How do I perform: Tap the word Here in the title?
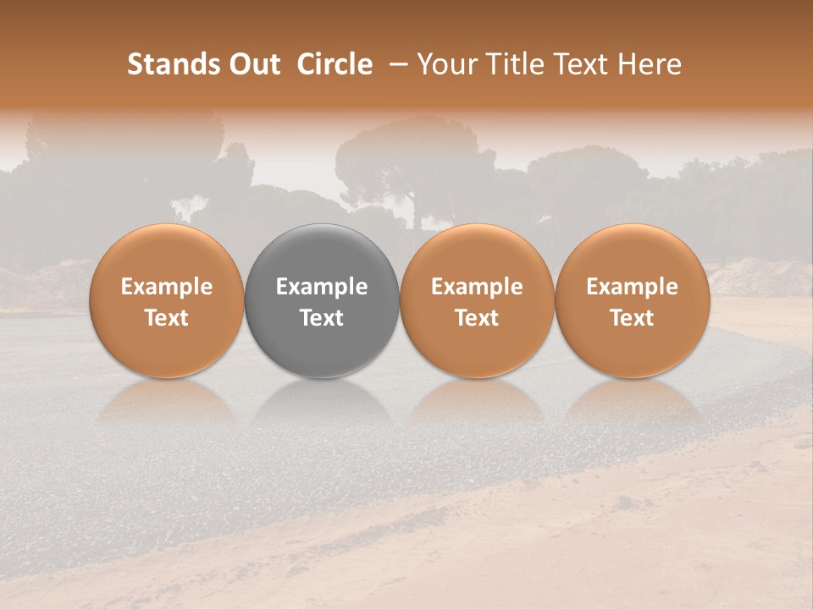[x=650, y=64]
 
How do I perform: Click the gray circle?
[x=322, y=300]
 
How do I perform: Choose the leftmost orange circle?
[x=166, y=300]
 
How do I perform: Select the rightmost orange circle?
[x=632, y=300]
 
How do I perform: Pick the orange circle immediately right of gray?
[x=477, y=300]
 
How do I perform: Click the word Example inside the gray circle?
[x=322, y=287]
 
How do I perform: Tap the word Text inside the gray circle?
[x=322, y=318]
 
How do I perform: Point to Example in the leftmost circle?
[x=166, y=287]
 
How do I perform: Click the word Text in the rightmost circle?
[x=632, y=318]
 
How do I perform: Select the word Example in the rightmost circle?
[x=632, y=287]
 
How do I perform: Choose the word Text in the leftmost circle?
[x=166, y=318]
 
